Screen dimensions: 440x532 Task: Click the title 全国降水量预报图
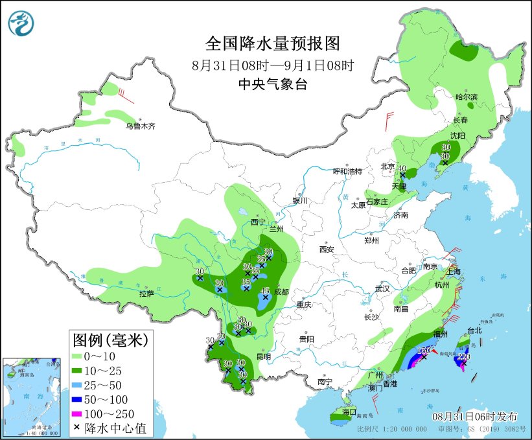point(272,43)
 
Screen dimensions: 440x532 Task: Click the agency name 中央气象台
point(272,84)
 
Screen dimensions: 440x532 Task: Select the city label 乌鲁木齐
point(141,126)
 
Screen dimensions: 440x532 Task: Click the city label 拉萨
point(146,294)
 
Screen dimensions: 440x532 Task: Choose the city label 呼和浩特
point(347,171)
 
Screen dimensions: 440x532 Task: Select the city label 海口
point(349,411)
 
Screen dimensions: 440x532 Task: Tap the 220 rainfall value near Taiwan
point(463,356)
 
